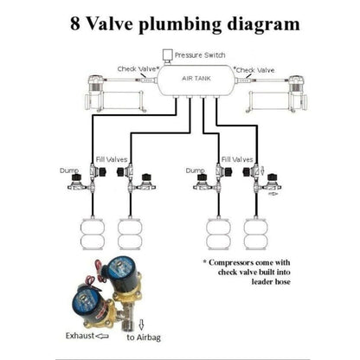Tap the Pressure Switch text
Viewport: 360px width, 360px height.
coord(199,55)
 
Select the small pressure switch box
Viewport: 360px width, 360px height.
coord(167,55)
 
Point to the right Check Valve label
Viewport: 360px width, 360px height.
coord(255,68)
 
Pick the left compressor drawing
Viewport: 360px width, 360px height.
coord(115,90)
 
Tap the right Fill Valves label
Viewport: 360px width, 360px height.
coord(237,159)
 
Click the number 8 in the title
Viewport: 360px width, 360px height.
coord(75,23)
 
